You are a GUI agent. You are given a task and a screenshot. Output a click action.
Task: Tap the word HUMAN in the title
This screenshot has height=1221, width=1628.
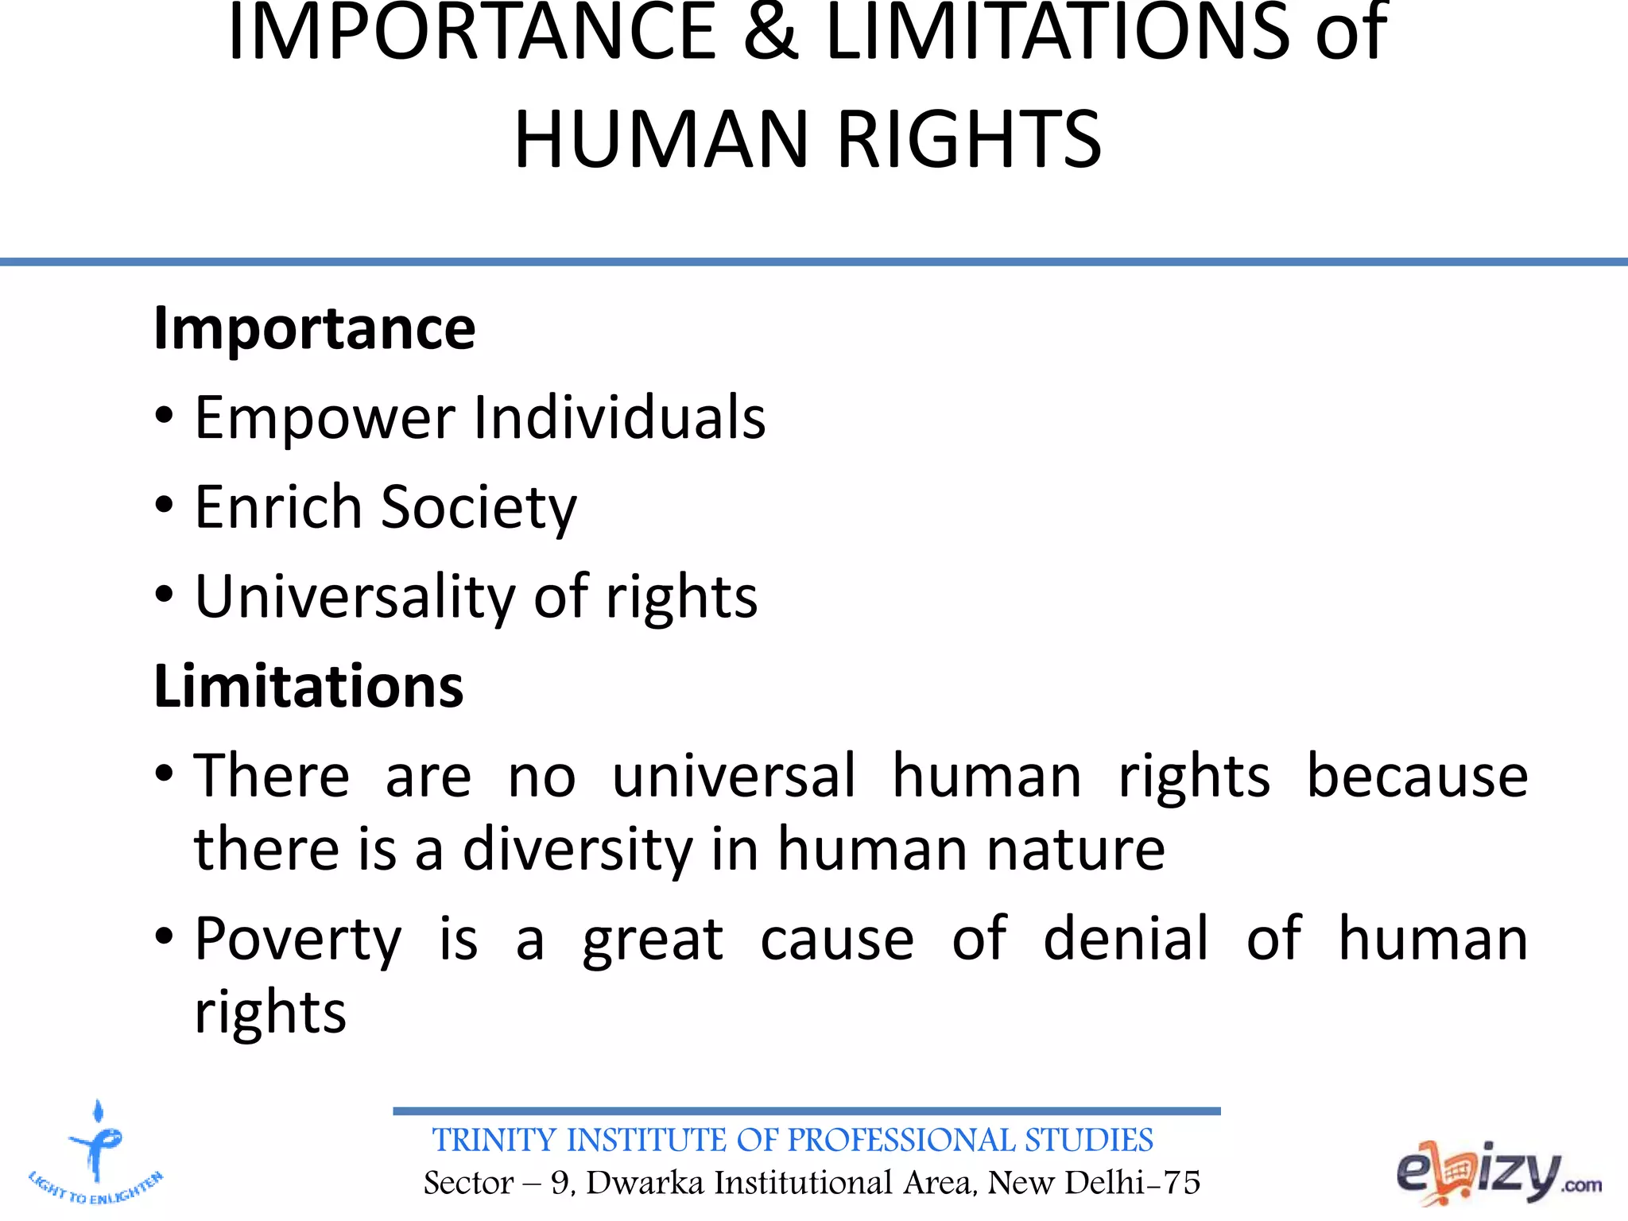[x=661, y=140]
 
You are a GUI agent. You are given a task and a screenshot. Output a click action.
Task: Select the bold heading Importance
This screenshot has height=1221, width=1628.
[x=314, y=328]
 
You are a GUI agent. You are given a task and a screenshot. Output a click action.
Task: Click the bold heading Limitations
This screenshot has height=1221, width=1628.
[x=308, y=686]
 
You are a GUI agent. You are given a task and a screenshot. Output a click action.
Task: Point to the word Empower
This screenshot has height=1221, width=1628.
[x=325, y=418]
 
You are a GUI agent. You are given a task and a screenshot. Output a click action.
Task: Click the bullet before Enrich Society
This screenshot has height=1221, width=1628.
[x=164, y=506]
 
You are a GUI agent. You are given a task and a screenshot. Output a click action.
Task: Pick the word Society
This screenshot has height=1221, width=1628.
[x=479, y=508]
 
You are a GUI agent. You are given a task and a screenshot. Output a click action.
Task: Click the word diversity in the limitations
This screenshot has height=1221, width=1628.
[x=578, y=850]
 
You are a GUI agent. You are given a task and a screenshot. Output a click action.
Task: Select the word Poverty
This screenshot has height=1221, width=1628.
[x=298, y=940]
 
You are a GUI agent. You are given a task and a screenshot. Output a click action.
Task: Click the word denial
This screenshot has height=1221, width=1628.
[x=1126, y=939]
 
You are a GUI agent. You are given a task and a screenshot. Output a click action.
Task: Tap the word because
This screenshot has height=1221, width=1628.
[x=1417, y=776]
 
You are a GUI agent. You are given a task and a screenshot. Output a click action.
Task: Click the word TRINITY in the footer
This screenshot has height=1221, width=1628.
[x=494, y=1141]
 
